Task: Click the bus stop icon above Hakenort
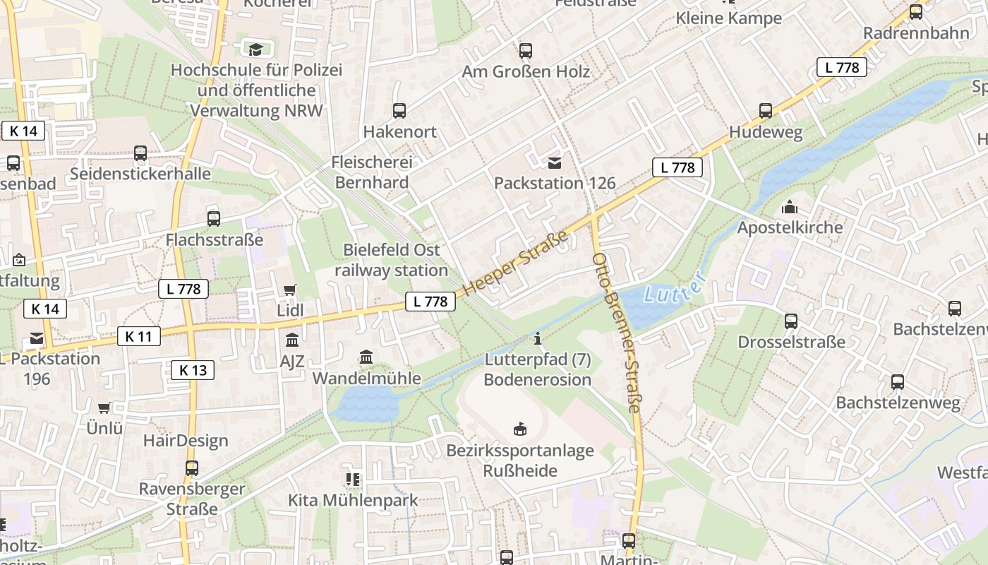pyautogui.click(x=399, y=111)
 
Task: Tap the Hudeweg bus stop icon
pyautogui.click(x=766, y=111)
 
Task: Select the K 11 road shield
pyautogui.click(x=138, y=336)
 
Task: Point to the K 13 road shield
pyautogui.click(x=193, y=369)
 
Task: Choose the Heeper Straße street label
pyautogui.click(x=516, y=263)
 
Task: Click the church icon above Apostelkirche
pyautogui.click(x=790, y=207)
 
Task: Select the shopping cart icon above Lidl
pyautogui.click(x=289, y=290)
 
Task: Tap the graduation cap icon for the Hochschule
pyautogui.click(x=255, y=49)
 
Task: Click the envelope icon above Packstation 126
pyautogui.click(x=555, y=163)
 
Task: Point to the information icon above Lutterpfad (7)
pyautogui.click(x=538, y=339)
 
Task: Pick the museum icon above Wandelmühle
pyautogui.click(x=366, y=357)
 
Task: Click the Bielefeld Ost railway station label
pyautogui.click(x=391, y=260)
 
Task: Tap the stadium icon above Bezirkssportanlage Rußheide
pyautogui.click(x=520, y=429)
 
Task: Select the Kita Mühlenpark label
pyautogui.click(x=353, y=500)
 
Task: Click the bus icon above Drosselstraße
pyautogui.click(x=791, y=321)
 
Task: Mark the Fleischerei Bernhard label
pyautogui.click(x=371, y=172)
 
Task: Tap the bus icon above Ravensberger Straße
pyautogui.click(x=192, y=468)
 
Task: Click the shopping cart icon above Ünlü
pyautogui.click(x=104, y=408)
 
